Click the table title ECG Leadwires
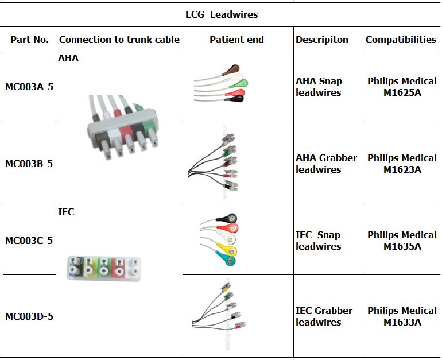pos(221,15)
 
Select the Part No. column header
pos(30,40)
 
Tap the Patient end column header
pos(236,40)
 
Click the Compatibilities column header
pos(401,40)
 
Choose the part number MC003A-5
pos(29,87)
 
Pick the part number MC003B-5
pos(29,164)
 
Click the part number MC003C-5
pos(29,241)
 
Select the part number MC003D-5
pos(29,316)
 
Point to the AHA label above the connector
pos(68,59)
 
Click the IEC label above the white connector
pos(66,212)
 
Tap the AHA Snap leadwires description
pos(319,87)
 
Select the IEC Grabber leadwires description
pos(324,316)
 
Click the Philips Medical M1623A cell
pos(402,164)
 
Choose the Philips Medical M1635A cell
pos(402,241)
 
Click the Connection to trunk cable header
pos(119,40)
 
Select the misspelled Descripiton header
pos(322,40)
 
